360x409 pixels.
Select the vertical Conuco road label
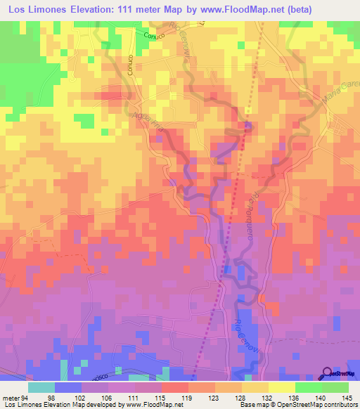point(131,67)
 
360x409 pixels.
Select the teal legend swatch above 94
point(41,387)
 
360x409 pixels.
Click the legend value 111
point(134,397)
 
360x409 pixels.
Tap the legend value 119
point(188,397)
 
